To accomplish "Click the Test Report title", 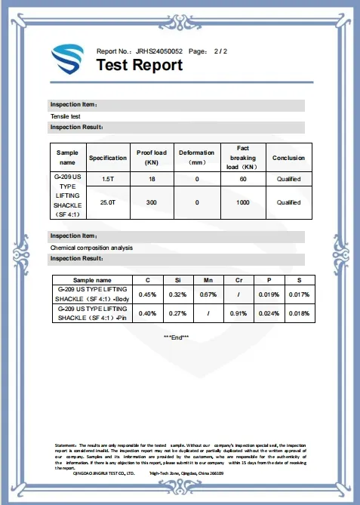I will tap(140, 65).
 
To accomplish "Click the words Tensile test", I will tap(66, 116).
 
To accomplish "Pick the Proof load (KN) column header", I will tap(151, 158).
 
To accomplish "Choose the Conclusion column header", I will tap(288, 158).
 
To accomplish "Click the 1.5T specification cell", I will tap(107, 179).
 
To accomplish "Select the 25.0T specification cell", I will tap(107, 202).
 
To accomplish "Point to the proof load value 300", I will tap(151, 202).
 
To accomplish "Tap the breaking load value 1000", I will tap(243, 202).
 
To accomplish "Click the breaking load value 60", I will tap(243, 179).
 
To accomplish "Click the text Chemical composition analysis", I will tap(91, 247).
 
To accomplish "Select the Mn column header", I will tap(208, 280).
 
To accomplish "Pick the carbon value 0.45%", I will tap(148, 294).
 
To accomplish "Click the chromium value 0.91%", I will tap(238, 313).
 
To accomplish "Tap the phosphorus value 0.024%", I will tap(269, 313).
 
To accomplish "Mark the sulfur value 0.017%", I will tap(299, 294).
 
